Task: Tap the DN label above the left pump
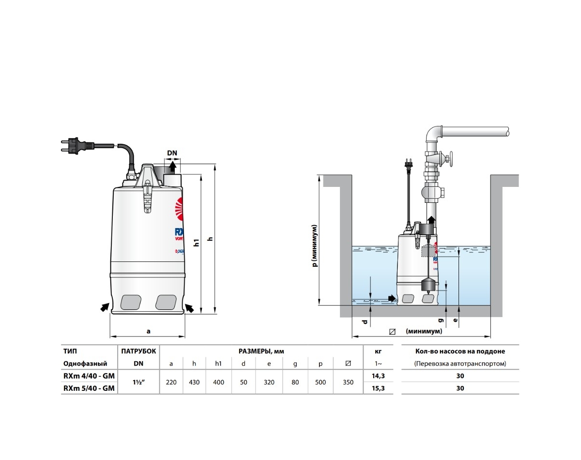click(172, 153)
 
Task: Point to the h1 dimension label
click(197, 242)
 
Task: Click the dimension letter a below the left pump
click(149, 331)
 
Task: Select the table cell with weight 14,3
click(378, 375)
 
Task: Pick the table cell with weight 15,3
click(378, 388)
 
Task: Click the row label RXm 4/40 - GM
click(89, 375)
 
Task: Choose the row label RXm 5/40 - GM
click(89, 388)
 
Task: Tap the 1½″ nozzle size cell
click(138, 382)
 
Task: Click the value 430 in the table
click(194, 382)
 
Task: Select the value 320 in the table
click(269, 382)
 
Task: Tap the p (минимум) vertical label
click(315, 245)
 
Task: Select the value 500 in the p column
click(320, 382)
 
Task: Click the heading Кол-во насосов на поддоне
click(460, 351)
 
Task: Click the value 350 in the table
click(348, 382)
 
